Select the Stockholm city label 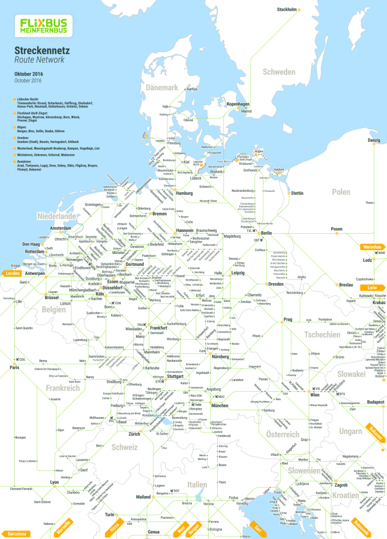click(287, 10)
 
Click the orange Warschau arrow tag click(373, 247)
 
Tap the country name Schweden click(278, 72)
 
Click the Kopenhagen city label click(238, 104)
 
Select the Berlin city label click(266, 233)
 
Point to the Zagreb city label click(341, 485)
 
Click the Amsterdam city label click(60, 227)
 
